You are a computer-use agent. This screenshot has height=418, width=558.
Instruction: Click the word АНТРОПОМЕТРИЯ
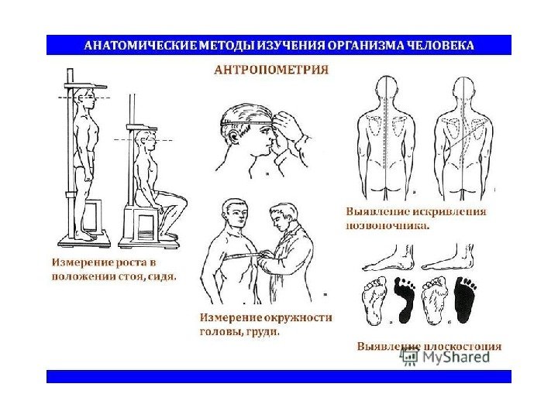pos(271,70)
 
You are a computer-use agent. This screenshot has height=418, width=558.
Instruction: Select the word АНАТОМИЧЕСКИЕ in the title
pos(140,45)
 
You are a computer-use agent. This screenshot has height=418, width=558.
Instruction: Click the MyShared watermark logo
pos(445,357)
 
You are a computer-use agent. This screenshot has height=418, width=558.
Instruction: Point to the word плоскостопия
pos(462,346)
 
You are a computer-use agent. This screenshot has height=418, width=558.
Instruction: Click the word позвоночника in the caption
pos(387,226)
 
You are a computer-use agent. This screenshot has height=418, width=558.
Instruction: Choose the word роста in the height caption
pos(132,263)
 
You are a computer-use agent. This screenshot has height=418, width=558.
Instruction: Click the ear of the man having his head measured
pos(233,136)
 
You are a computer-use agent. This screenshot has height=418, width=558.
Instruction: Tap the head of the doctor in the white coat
pos(284,216)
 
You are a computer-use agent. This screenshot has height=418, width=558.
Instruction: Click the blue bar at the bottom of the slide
pos(279,376)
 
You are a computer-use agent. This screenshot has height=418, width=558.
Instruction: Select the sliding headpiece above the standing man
pos(85,85)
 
